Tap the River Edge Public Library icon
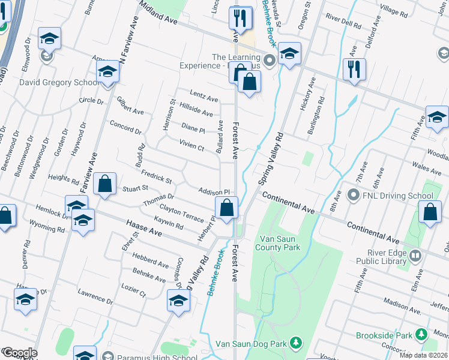[415, 257]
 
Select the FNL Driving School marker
[354, 196]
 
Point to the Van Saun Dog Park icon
[295, 343]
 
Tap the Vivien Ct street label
[192, 144]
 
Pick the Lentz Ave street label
[203, 96]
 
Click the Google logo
[20, 353]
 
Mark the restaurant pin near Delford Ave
[354, 69]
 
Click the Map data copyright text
[423, 355]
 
